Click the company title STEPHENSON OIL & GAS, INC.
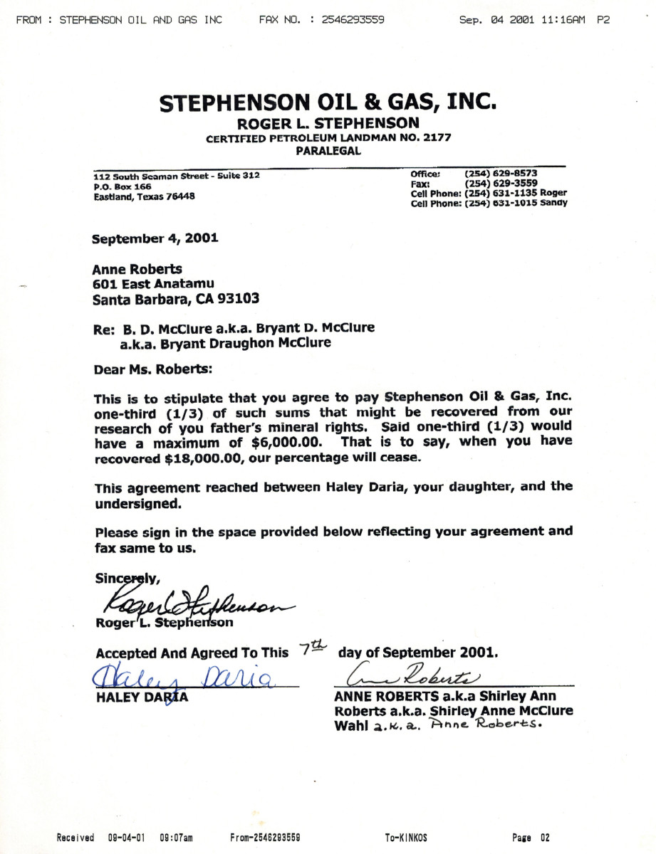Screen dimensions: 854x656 (x=328, y=102)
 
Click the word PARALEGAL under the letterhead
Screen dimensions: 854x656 (x=328, y=150)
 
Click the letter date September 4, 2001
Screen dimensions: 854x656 (x=155, y=238)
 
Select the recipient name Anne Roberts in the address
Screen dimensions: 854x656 (x=137, y=270)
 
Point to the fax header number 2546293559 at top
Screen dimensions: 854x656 (x=353, y=20)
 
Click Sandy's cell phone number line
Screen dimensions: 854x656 (x=489, y=204)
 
